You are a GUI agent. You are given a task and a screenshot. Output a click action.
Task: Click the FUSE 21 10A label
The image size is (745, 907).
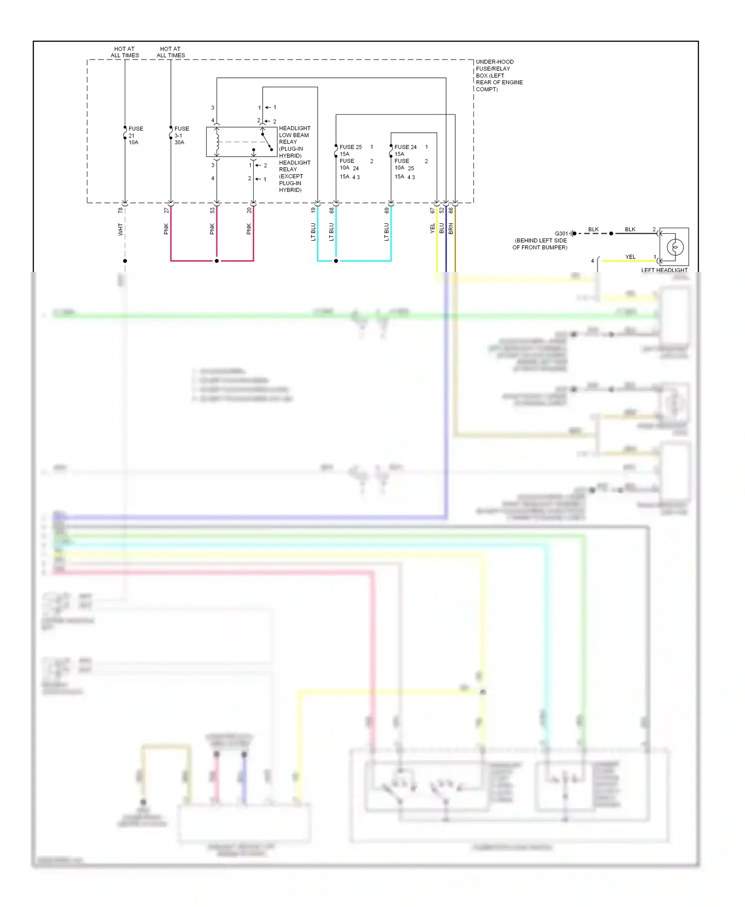[135, 135]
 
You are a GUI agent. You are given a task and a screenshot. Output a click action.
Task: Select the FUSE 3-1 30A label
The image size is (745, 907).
[181, 135]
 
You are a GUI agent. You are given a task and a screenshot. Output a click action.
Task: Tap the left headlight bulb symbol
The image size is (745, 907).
[674, 247]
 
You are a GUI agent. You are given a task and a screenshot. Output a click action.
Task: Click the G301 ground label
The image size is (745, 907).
[561, 233]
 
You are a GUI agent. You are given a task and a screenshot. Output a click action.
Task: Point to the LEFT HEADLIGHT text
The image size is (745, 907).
[664, 270]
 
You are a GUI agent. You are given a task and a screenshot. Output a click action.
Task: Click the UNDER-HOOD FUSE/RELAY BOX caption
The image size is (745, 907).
[499, 75]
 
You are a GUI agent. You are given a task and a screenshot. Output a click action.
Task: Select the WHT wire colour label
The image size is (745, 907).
[120, 229]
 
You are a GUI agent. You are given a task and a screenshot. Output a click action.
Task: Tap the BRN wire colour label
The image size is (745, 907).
[451, 228]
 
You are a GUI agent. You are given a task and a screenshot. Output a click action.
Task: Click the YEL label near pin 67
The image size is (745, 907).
[433, 228]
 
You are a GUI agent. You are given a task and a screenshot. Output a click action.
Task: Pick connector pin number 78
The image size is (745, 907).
[120, 210]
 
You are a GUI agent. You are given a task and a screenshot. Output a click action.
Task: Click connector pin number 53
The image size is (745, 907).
[212, 210]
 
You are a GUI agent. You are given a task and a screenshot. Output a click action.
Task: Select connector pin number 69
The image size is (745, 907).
[386, 210]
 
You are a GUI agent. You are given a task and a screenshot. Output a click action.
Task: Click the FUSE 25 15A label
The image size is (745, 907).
[350, 150]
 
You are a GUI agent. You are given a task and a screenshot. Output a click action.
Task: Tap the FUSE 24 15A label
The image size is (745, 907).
[405, 150]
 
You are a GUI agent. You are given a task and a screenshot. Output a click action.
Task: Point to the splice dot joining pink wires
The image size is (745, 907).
[217, 260]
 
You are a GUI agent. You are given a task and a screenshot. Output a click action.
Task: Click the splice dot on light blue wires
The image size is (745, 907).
[336, 260]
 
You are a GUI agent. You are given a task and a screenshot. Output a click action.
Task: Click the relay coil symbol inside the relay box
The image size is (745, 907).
[217, 141]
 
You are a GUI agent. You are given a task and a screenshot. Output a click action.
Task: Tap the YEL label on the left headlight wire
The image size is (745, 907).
[630, 257]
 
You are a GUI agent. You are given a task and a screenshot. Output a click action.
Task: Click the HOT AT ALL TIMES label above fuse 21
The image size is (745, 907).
[124, 52]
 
